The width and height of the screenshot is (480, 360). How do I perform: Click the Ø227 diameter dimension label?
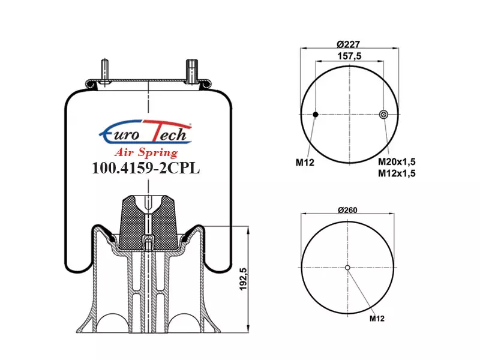coord(348,44)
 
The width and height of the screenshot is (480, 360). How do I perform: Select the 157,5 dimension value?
coord(349,56)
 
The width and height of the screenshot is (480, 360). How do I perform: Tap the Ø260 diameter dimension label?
coord(347,210)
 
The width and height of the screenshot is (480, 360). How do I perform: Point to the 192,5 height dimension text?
coord(243,279)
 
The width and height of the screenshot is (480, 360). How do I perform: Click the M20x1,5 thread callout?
coord(397,161)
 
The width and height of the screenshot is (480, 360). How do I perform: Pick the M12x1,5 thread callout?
coord(397,173)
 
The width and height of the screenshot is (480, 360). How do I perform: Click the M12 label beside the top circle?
coord(305,163)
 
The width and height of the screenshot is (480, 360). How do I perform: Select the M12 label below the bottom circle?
coord(377,319)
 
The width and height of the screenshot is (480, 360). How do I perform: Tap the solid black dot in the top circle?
coord(316,115)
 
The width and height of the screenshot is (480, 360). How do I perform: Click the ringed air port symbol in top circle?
coord(383,115)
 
